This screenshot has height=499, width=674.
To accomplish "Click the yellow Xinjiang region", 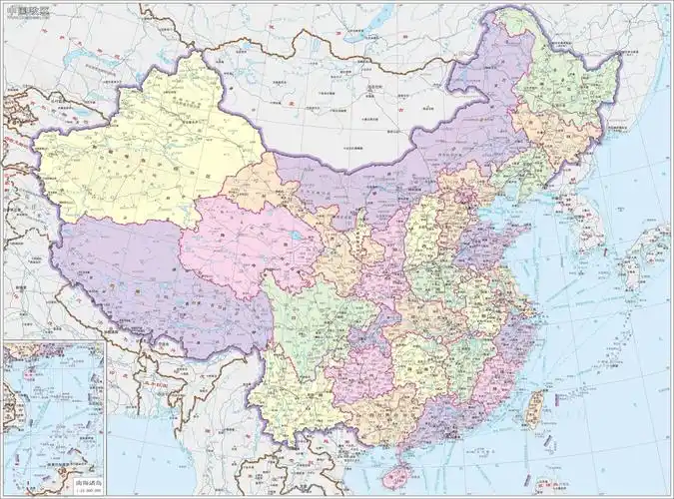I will [150, 150].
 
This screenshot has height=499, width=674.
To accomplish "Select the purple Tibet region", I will [150, 274].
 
